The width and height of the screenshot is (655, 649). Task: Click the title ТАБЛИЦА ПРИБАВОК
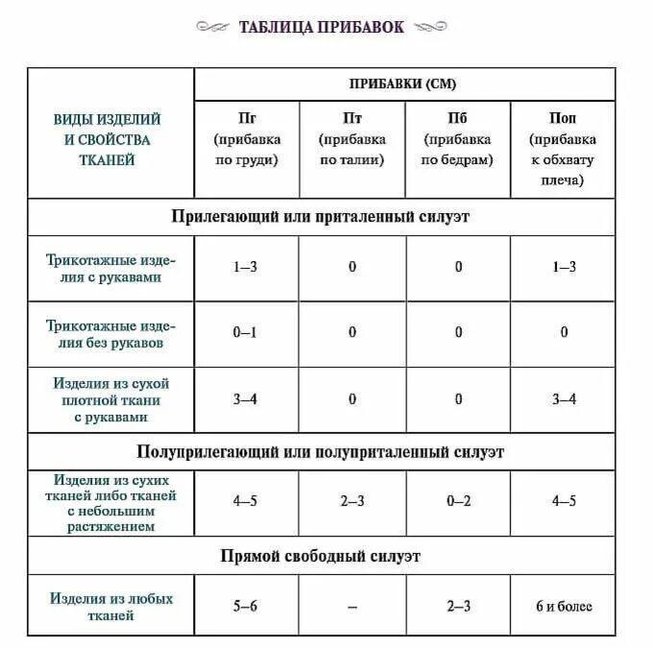point(322,27)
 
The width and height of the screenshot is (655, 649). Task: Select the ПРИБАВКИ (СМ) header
point(402,84)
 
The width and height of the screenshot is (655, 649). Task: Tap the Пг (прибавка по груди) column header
point(246,139)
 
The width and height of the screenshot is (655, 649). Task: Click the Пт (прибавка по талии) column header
point(352,139)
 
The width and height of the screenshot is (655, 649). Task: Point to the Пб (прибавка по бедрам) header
point(457,139)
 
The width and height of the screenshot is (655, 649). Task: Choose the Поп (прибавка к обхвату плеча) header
point(563,149)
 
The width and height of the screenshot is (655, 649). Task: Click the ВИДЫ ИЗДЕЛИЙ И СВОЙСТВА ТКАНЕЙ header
point(107,139)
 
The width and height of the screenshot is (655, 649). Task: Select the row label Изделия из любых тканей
point(111,606)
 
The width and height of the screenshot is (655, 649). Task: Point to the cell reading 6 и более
point(564,607)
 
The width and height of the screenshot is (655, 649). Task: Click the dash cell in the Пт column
point(352,607)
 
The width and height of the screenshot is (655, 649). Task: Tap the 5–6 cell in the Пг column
point(246,607)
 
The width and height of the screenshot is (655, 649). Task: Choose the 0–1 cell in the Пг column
point(246,333)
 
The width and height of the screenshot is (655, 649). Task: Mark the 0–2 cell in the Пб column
point(458,501)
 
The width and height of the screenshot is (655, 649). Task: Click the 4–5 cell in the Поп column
point(564,501)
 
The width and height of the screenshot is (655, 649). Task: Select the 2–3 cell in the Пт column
point(352,501)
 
